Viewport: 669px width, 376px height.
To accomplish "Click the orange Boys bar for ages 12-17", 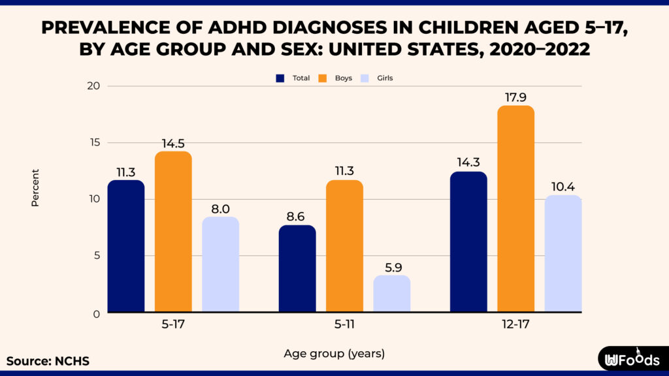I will click(515, 209).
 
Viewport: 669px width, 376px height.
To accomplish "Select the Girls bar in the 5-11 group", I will click(392, 294).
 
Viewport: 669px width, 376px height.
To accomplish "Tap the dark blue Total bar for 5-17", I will click(126, 247).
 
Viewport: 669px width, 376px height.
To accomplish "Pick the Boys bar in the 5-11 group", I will click(344, 247).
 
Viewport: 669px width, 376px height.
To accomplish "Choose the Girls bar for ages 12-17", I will click(563, 254).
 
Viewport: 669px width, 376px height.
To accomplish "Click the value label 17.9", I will click(515, 95).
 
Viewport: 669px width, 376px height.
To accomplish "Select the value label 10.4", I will click(563, 185).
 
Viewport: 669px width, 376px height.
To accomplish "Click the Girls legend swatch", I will click(365, 78).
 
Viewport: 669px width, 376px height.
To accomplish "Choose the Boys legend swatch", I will click(323, 78).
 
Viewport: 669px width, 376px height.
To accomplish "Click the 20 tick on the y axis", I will click(93, 86).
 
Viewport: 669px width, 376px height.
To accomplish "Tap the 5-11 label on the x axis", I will click(345, 322).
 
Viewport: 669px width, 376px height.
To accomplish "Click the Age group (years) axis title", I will click(334, 354).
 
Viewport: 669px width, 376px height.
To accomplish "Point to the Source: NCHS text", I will click(48, 361).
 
